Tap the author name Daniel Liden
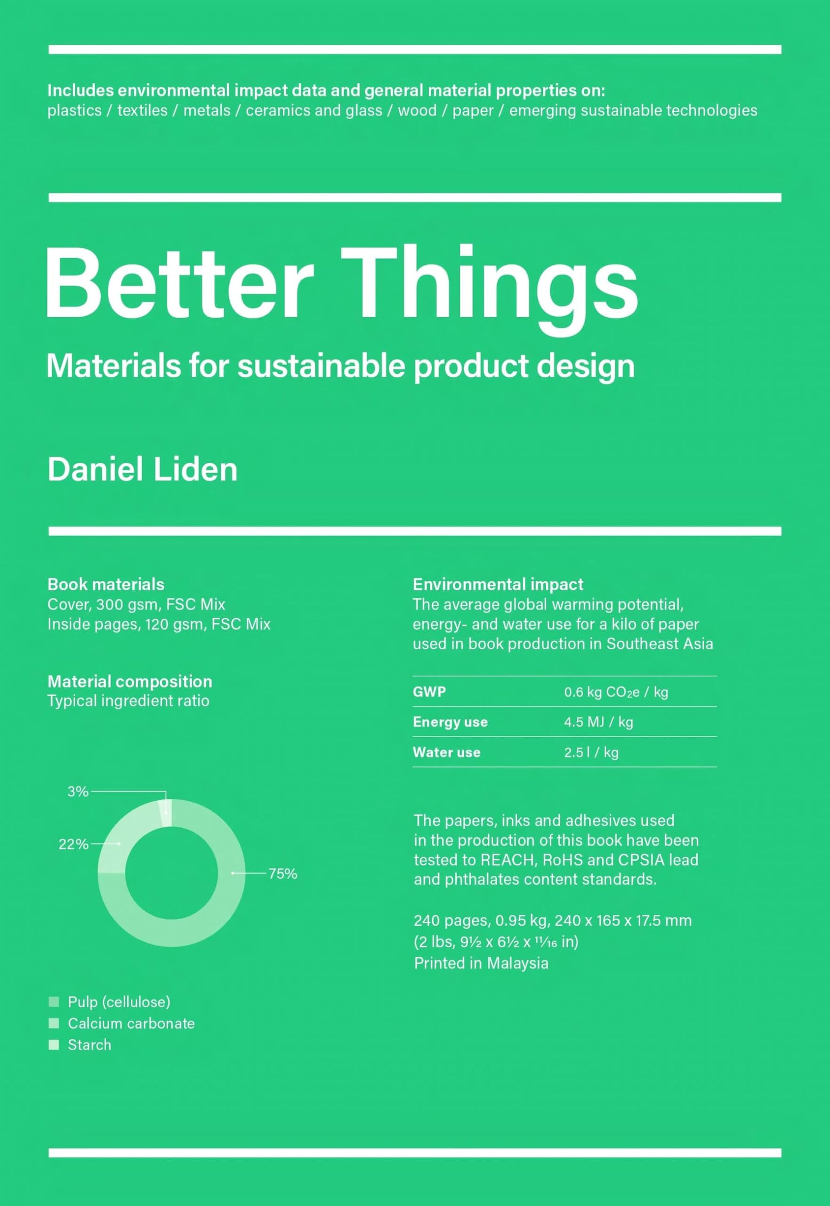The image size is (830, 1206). coord(142,469)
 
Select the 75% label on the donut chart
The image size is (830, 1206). coord(283,873)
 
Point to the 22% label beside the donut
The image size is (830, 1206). coord(73,844)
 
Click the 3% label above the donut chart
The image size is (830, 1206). coord(78,791)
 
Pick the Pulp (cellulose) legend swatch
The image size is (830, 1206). coord(54,1002)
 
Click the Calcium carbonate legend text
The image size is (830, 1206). coord(131,1023)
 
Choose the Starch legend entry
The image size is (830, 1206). coord(89,1045)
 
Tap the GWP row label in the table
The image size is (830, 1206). coord(429,692)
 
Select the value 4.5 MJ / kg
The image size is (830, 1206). coord(598,722)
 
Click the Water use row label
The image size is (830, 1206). coord(446,752)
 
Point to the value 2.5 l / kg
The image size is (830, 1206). coord(591,752)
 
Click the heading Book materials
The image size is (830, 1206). coord(105,584)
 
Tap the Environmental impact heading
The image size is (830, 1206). coord(498,584)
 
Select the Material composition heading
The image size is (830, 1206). coord(129,682)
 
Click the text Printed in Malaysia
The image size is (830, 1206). coord(481,963)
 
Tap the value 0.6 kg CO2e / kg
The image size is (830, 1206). coord(616,692)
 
